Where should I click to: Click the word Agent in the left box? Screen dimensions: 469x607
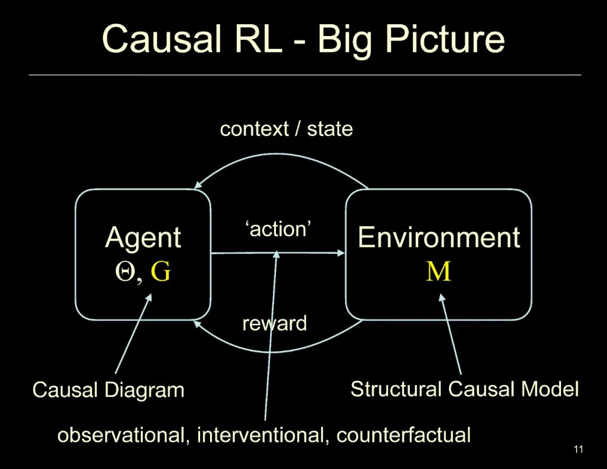tap(143, 237)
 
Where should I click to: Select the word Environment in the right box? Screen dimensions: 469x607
tap(438, 237)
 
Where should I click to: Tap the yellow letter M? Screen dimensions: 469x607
tap(438, 272)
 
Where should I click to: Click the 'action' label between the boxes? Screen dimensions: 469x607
tap(278, 229)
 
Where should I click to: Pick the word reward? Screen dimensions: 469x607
tap(274, 323)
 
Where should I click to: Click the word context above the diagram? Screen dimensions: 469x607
tap(253, 129)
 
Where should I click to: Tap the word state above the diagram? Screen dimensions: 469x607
tap(330, 129)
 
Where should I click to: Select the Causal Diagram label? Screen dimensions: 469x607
tap(108, 390)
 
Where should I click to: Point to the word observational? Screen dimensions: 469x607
tap(123, 435)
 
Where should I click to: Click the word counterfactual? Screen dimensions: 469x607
tap(404, 435)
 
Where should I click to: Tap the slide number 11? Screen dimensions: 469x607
tap(578, 449)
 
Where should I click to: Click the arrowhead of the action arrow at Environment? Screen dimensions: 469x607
tap(341, 253)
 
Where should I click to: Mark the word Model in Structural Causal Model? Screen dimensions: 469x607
tap(551, 389)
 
